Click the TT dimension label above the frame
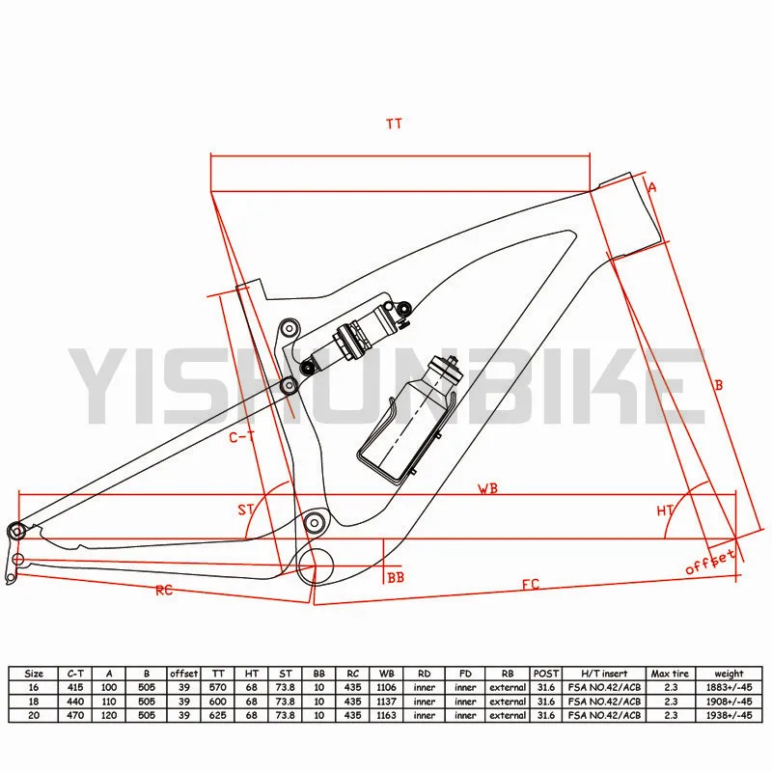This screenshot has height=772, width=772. (x=394, y=124)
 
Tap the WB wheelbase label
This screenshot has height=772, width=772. (x=488, y=488)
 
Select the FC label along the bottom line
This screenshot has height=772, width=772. (x=531, y=585)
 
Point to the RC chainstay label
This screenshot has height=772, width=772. (x=164, y=590)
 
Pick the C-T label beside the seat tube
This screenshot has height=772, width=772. (x=241, y=437)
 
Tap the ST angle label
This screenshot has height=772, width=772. (x=246, y=510)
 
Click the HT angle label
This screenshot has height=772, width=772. (x=665, y=511)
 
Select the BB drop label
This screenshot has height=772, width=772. (x=396, y=577)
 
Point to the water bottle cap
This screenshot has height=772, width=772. (x=447, y=367)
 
